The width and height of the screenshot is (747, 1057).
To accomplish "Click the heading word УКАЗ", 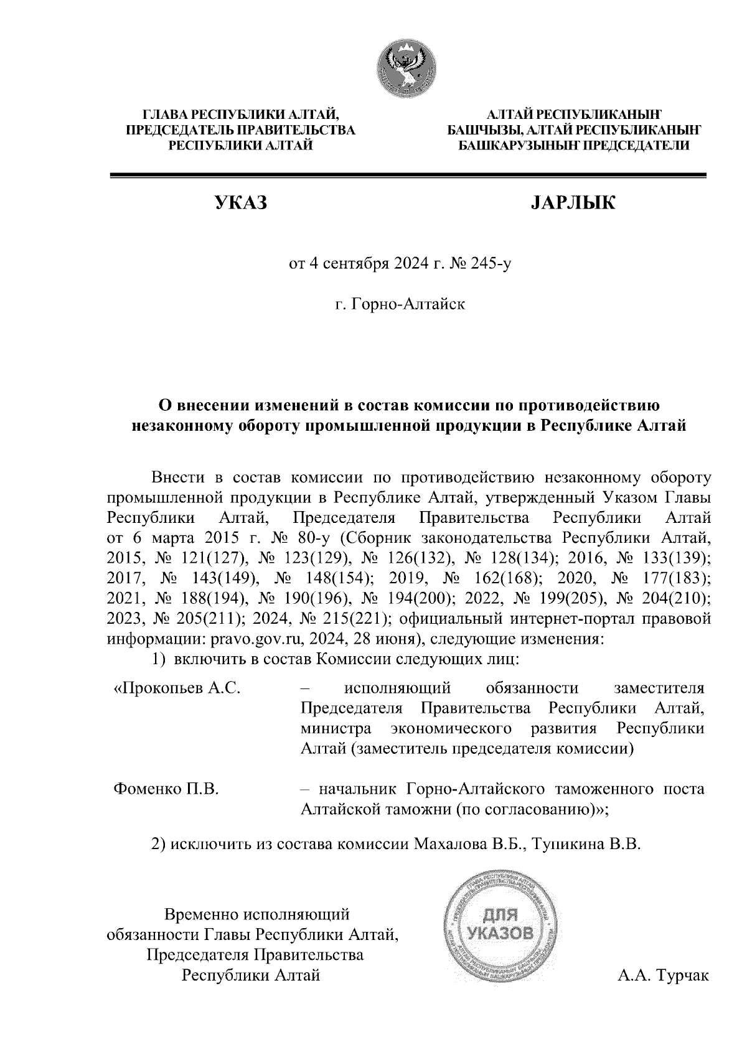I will (240, 203).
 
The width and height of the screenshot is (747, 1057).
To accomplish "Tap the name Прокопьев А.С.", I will (177, 688).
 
